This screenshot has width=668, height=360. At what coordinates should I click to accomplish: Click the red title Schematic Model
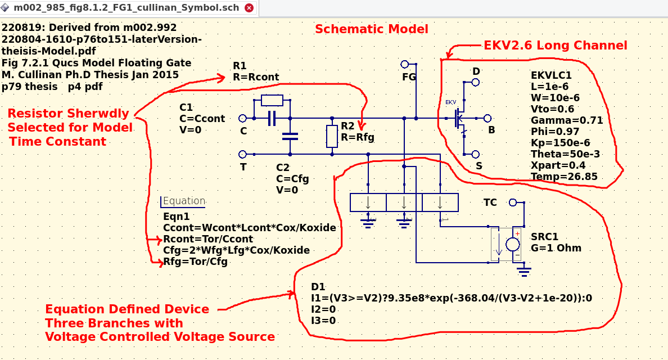point(371,29)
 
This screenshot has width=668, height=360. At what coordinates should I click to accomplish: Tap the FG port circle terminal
point(404,64)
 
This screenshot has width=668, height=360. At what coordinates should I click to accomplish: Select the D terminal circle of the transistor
point(476,82)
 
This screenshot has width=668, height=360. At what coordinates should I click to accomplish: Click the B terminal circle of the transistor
point(488,118)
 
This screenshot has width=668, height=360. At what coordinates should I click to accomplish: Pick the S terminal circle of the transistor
point(476,154)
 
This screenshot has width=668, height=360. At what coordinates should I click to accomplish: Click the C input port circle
point(243,118)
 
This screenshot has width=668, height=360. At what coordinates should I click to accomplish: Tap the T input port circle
point(243,154)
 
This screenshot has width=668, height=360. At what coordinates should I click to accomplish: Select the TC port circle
point(512,202)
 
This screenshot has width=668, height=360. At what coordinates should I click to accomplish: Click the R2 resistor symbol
point(333,136)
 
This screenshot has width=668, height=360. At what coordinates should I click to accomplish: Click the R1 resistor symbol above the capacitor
point(272,101)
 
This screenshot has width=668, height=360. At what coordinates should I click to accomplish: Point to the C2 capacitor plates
point(290,136)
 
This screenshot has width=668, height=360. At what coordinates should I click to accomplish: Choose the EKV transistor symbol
point(459,119)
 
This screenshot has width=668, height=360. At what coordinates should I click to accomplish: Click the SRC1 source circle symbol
point(513,244)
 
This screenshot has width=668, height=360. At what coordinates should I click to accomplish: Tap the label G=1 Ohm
point(556,248)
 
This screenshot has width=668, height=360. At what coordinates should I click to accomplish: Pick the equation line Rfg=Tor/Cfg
point(195,261)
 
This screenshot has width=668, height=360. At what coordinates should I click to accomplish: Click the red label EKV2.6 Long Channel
point(556,46)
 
